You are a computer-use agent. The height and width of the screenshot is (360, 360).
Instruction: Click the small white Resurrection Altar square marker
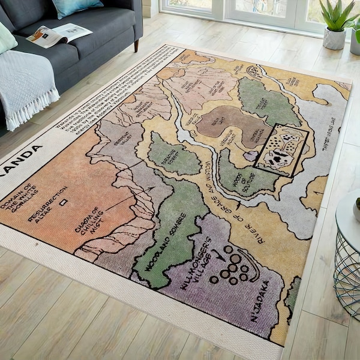63,202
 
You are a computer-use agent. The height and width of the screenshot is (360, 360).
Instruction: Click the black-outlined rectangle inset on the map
281,150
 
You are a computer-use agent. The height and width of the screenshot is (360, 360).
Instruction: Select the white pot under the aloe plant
334,38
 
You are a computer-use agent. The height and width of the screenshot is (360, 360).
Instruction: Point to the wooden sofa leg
137,46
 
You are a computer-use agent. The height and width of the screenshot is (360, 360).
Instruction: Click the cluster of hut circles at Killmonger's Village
232,267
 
